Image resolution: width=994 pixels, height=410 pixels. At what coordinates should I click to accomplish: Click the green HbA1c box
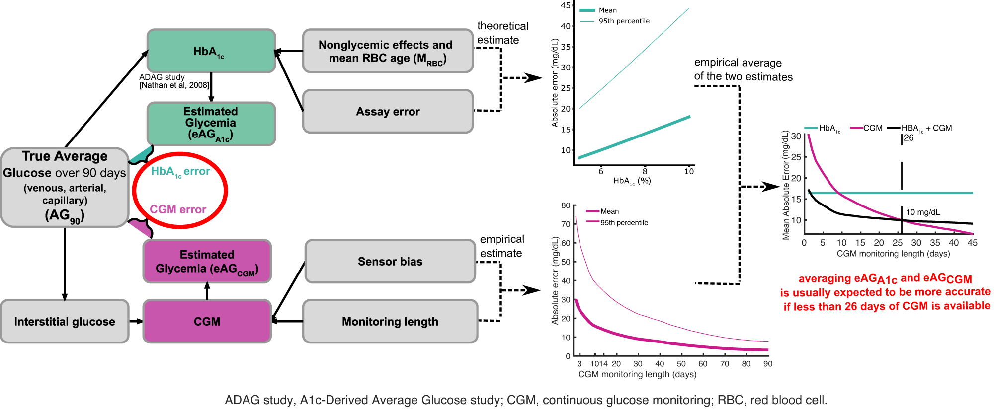click(211, 51)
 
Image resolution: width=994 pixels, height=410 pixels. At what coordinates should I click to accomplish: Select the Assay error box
click(388, 112)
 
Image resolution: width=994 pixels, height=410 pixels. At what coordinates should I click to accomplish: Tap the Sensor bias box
click(390, 262)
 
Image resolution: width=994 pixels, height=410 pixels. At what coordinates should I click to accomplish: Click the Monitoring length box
click(390, 322)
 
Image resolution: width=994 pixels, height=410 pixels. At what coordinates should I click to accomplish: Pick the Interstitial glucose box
click(65, 322)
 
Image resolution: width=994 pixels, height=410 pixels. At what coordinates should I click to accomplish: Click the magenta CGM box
click(207, 322)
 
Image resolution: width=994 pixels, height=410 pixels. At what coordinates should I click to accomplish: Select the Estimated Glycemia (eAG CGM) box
click(207, 262)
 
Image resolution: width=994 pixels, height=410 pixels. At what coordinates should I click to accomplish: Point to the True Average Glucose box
click(65, 187)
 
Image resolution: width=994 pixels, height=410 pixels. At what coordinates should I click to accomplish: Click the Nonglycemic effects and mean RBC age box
click(388, 51)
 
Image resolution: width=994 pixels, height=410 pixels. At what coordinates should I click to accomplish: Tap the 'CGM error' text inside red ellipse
click(178, 209)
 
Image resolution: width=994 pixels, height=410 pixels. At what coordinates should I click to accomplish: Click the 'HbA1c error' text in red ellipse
click(180, 172)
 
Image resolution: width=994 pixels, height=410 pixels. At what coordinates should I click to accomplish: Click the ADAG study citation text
click(174, 81)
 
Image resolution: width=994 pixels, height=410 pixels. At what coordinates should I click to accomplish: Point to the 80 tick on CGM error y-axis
click(566, 205)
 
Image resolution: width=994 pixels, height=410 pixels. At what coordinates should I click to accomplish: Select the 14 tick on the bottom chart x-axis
click(603, 364)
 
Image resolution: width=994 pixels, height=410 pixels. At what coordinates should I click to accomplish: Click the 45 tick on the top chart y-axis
click(566, 5)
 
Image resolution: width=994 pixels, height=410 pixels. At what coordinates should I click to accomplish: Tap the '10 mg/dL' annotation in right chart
click(923, 212)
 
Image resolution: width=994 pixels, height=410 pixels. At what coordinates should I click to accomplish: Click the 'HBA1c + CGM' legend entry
click(926, 128)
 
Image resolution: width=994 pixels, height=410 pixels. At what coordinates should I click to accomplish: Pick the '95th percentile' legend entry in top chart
click(624, 21)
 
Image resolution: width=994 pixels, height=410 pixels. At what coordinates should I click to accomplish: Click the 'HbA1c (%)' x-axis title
click(632, 181)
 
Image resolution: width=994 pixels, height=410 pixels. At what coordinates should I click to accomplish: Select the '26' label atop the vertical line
click(909, 138)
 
